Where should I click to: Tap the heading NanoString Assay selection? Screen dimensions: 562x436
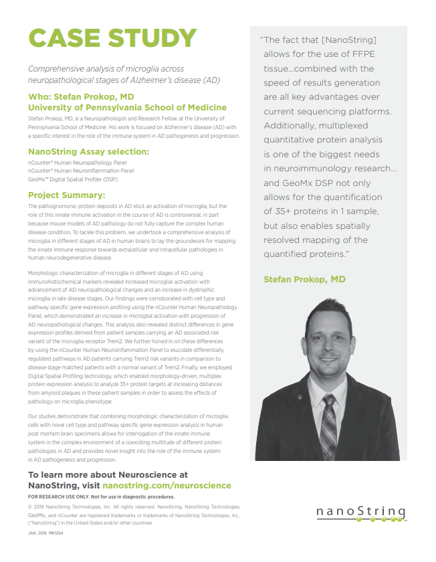[88, 152]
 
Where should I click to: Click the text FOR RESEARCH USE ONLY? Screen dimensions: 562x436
[68, 497]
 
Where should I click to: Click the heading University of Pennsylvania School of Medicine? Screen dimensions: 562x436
[127, 107]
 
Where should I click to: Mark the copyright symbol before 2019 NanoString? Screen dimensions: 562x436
[30, 508]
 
